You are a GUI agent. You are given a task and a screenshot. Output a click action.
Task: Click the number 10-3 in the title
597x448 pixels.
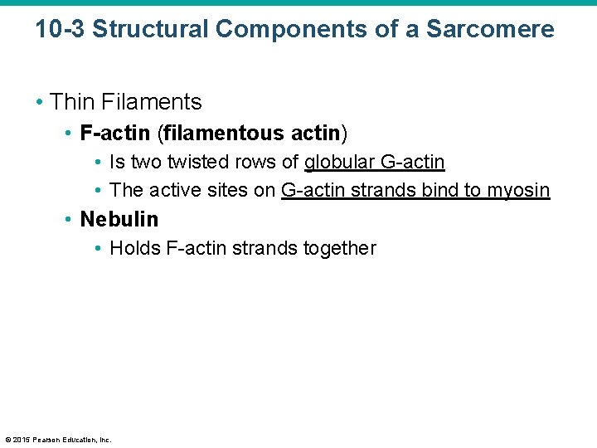click(60, 29)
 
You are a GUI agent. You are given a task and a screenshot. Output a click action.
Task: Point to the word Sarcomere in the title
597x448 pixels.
click(490, 29)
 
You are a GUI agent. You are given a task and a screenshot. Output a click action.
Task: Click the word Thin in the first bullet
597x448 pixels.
click(72, 102)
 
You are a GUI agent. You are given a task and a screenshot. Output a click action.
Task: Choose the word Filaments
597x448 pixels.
click(152, 102)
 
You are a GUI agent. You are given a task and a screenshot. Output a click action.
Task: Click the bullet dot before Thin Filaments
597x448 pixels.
click(40, 102)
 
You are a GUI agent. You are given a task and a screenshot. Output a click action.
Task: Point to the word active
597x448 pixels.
click(176, 190)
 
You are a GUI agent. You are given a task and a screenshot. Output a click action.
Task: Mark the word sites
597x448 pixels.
click(226, 190)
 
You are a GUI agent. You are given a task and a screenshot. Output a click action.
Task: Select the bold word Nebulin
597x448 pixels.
click(119, 219)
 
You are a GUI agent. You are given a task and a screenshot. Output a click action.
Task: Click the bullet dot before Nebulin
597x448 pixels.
click(69, 219)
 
